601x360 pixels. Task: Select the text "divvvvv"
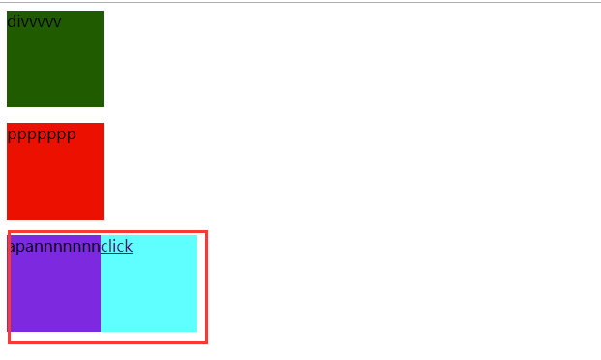34,21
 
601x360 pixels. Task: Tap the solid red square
55,179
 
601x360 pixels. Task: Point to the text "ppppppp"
41,134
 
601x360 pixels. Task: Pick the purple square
54,290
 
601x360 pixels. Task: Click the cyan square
149,290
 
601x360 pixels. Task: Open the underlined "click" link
116,246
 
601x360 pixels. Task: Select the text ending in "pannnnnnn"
54,246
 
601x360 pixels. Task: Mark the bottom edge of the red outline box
107,341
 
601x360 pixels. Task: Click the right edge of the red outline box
206,286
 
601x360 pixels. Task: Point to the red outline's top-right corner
206,232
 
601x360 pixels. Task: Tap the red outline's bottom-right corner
206,341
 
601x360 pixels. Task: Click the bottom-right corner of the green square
103,106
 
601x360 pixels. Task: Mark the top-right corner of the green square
103,12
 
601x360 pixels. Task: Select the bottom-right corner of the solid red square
103,219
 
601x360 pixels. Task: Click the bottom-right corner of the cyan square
196,331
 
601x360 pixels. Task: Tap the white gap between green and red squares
55,115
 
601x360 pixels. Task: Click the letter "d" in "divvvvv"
11,21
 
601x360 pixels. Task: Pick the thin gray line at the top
300,2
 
